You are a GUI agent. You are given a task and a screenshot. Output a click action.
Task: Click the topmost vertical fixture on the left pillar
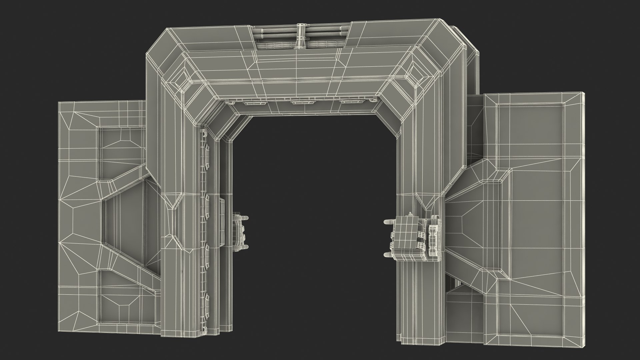(x=207, y=151)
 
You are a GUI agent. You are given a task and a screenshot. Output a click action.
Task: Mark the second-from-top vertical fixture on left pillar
(x=207, y=203)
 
